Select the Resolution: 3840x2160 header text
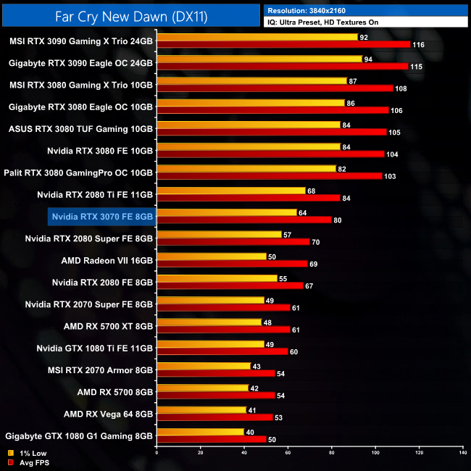[x=312, y=10]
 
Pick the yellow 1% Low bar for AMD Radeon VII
[x=212, y=256]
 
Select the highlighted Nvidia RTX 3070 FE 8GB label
[x=102, y=216]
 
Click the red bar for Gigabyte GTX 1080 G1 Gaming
[x=211, y=439]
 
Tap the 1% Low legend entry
[x=28, y=454]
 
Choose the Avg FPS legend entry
[x=28, y=463]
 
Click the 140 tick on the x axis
[x=462, y=453]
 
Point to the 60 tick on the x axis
[x=288, y=453]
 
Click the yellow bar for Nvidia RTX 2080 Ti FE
[x=231, y=191]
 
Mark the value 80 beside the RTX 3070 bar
[x=338, y=220]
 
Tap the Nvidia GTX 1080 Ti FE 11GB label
[x=95, y=348]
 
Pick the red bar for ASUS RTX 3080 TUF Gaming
[x=271, y=132]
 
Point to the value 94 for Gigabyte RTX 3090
[x=368, y=59]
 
